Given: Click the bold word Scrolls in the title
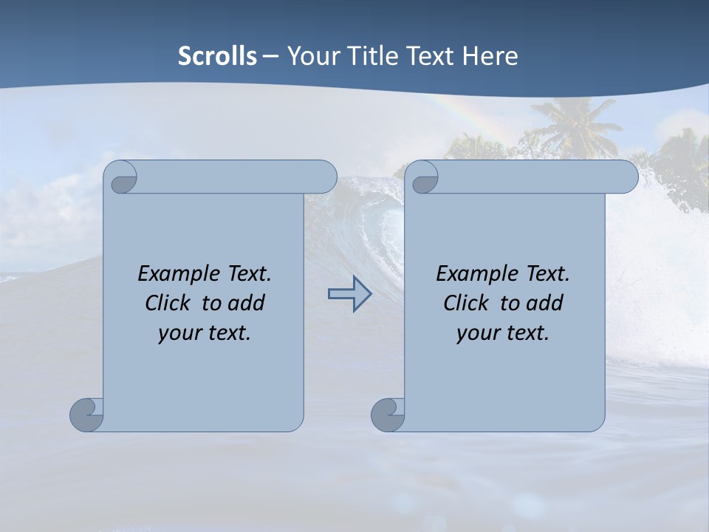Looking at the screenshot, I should [x=217, y=56].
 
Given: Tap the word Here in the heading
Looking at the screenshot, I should [x=490, y=56].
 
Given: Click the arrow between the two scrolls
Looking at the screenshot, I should [x=349, y=293].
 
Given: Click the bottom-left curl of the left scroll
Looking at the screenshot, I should [x=87, y=415].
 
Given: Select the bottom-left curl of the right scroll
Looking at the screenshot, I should [x=388, y=415].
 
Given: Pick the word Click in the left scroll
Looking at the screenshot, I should [x=167, y=304].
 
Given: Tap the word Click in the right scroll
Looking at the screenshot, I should [x=465, y=304].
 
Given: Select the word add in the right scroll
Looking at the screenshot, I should [x=545, y=304].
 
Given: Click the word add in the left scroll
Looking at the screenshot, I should [x=247, y=304].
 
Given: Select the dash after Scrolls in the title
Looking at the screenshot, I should [x=270, y=57].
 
